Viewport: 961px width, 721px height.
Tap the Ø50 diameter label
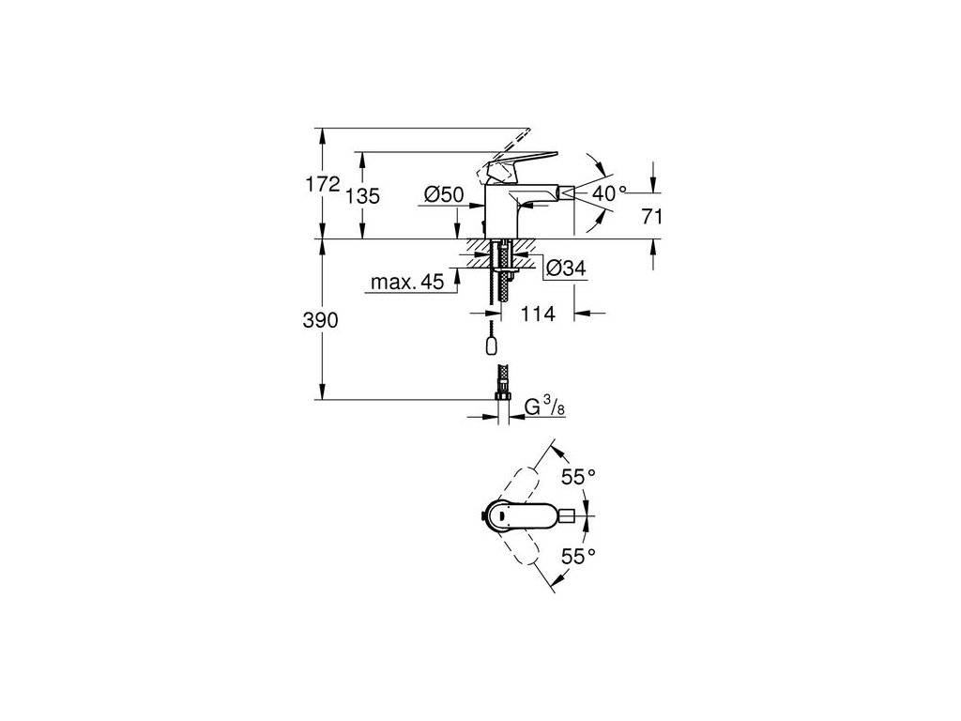444,194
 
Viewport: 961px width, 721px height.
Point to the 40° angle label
609,193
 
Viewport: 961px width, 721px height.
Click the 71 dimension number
653,217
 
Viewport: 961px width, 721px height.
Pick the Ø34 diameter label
565,268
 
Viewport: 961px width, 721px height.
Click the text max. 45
406,283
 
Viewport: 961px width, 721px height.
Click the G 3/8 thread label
542,407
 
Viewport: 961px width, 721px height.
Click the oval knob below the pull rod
493,345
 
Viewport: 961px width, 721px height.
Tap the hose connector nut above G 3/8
502,403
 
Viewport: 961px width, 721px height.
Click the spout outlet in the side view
564,192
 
